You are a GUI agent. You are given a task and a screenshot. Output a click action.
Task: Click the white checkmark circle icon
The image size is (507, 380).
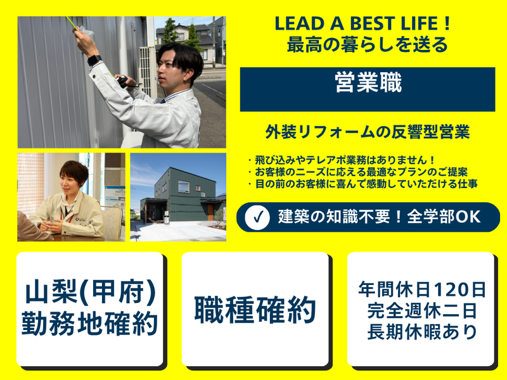[x=257, y=217]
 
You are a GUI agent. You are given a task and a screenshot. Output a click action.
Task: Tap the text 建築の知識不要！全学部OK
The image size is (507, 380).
[x=379, y=217]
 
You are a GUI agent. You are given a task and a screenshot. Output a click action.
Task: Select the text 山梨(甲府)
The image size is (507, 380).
[x=91, y=292]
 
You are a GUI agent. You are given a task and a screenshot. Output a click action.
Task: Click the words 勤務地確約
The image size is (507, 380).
[x=91, y=323]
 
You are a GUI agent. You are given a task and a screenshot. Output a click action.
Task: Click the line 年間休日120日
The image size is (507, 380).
[x=421, y=290]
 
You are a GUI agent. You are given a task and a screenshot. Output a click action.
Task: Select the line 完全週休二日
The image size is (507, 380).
[x=421, y=310]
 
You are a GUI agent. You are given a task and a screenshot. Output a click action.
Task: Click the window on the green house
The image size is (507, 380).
[x=183, y=186]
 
